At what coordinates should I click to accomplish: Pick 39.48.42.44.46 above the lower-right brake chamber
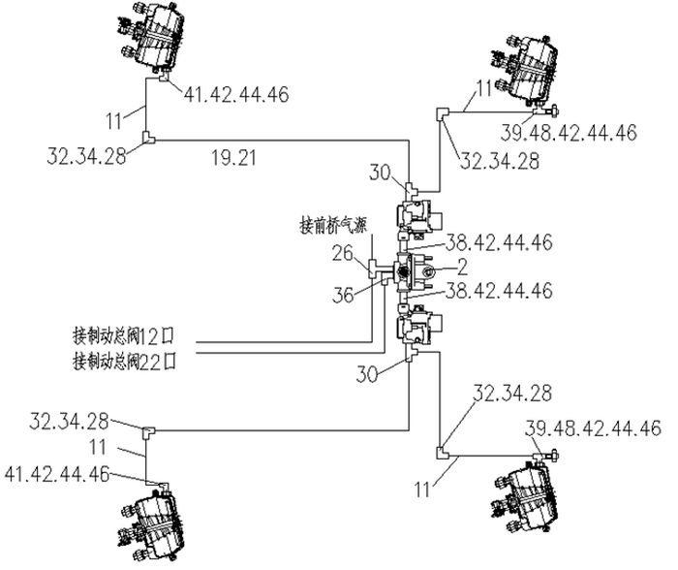[593, 427]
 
